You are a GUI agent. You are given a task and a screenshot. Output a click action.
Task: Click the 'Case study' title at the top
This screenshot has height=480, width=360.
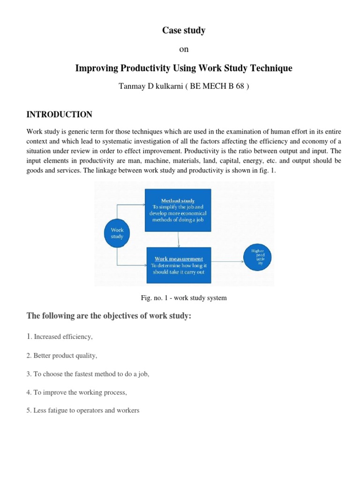[x=184, y=31]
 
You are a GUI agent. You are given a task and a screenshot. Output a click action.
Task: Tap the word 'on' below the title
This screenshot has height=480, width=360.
[x=184, y=50]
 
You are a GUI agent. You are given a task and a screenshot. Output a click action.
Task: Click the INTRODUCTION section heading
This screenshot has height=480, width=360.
[x=60, y=114]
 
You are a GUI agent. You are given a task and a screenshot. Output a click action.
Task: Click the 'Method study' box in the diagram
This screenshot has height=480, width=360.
[x=179, y=210]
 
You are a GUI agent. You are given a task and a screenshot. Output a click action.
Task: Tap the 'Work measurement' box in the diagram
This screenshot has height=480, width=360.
[x=179, y=265]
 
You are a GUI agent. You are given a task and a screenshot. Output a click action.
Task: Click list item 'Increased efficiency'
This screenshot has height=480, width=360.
[x=61, y=337]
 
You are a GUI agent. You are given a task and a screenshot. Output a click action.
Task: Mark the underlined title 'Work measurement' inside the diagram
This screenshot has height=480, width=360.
[x=179, y=259]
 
